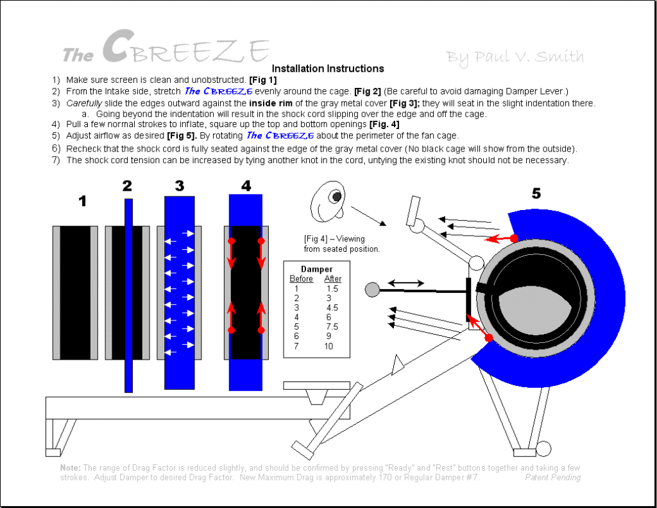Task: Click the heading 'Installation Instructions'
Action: click(x=328, y=68)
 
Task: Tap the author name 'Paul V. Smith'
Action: click(x=515, y=57)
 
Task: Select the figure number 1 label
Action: click(x=82, y=201)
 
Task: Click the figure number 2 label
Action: click(x=127, y=186)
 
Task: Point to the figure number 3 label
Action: click(x=179, y=186)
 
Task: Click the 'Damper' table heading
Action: click(x=316, y=269)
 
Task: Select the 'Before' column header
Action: click(x=302, y=279)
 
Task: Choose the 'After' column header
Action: click(x=333, y=279)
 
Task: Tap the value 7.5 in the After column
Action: click(x=331, y=327)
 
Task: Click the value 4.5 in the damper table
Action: click(x=331, y=308)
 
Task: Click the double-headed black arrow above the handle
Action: click(x=404, y=283)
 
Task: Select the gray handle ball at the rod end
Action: click(x=372, y=290)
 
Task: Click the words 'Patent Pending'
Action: click(x=552, y=477)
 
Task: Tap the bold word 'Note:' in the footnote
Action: click(x=71, y=468)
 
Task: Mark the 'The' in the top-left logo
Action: click(x=78, y=56)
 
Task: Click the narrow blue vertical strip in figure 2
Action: click(x=128, y=295)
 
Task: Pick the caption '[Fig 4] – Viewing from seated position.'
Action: click(x=341, y=243)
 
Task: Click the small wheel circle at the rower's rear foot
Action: click(x=543, y=448)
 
